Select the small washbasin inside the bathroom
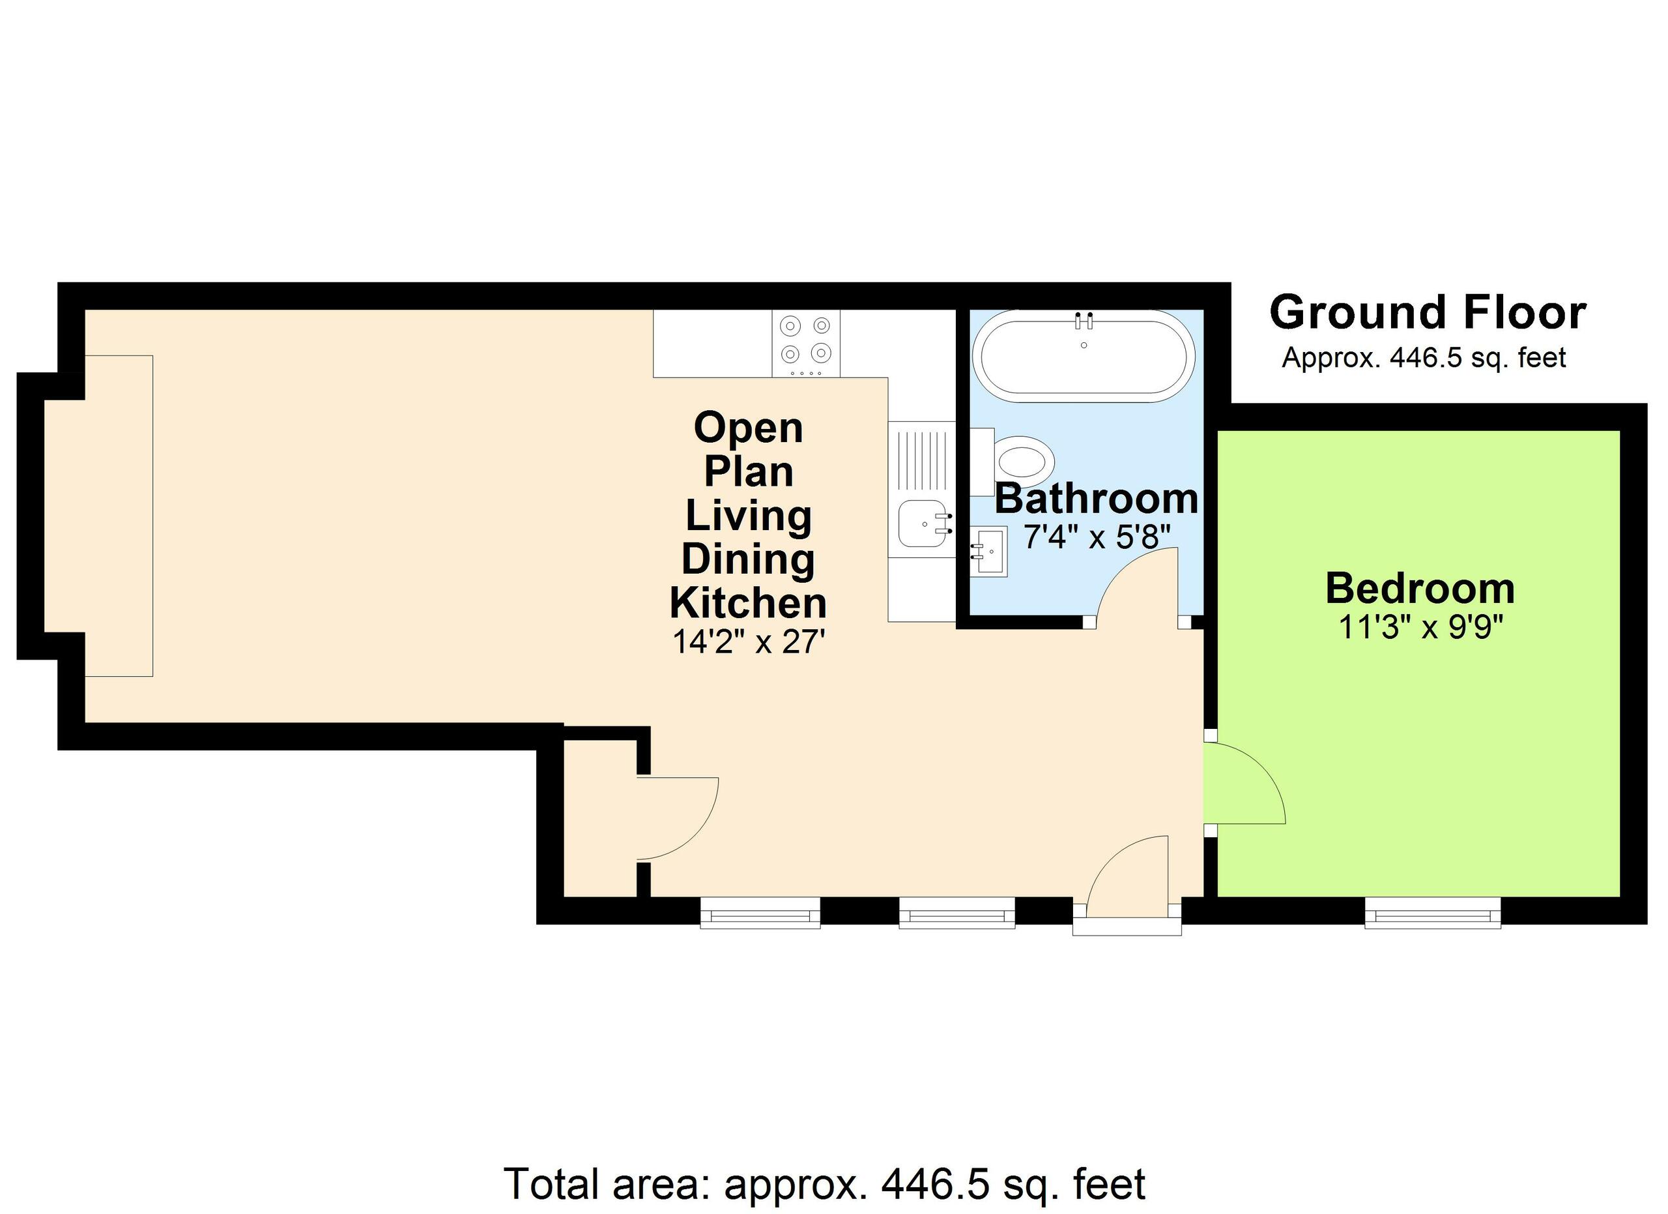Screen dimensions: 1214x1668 [990, 550]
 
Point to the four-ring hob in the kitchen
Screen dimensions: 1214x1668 [805, 340]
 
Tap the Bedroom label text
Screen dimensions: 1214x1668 [1419, 589]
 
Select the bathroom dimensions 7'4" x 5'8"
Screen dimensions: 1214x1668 [1096, 537]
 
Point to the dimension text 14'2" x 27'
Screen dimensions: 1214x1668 [748, 642]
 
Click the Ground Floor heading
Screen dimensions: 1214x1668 [1427, 313]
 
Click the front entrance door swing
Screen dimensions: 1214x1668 [1125, 876]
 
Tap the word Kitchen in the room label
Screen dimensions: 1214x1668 [748, 603]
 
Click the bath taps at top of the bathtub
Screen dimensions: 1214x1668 [1084, 321]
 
